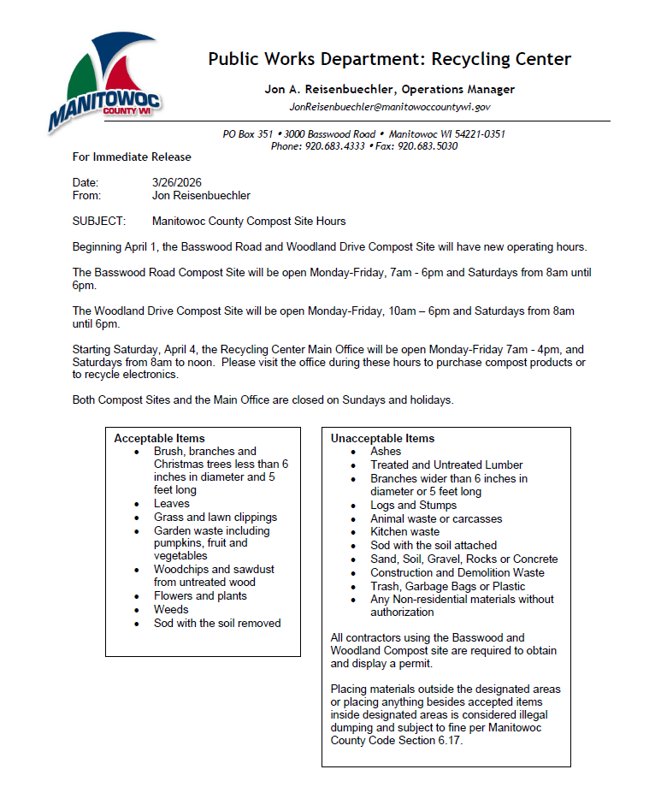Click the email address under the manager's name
(389, 107)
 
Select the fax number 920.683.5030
(428, 146)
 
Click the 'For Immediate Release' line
(132, 157)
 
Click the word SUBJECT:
(99, 221)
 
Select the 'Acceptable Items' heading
(160, 438)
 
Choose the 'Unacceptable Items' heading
(383, 438)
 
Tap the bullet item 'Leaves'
(172, 504)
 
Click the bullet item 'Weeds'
(171, 609)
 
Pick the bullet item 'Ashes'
(386, 451)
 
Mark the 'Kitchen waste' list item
(404, 531)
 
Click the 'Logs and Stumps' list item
(413, 505)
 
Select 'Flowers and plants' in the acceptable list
(200, 595)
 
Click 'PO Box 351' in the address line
(247, 134)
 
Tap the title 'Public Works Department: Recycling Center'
(389, 59)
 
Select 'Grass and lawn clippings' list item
(215, 517)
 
